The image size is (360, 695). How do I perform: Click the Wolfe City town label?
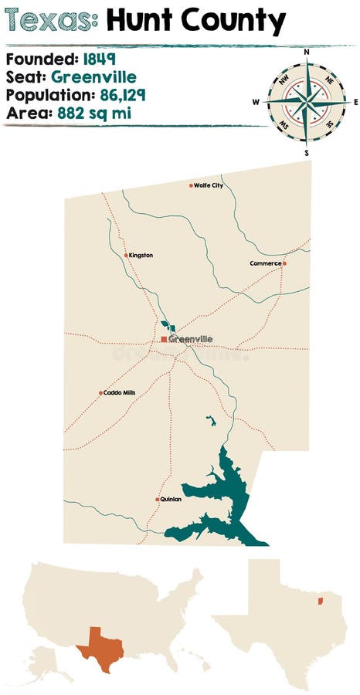(209, 185)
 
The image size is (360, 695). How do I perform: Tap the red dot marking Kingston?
(126, 255)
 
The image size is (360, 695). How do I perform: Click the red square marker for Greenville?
(164, 339)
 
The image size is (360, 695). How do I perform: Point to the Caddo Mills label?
(120, 393)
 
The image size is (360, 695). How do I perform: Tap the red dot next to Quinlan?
(158, 500)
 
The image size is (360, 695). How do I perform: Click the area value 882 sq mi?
(108, 114)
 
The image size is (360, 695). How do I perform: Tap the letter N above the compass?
(307, 53)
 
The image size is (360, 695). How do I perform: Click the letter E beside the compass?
(355, 102)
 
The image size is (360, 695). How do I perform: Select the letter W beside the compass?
(256, 102)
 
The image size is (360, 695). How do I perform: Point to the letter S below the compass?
(307, 153)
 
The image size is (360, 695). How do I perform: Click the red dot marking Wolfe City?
(191, 185)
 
